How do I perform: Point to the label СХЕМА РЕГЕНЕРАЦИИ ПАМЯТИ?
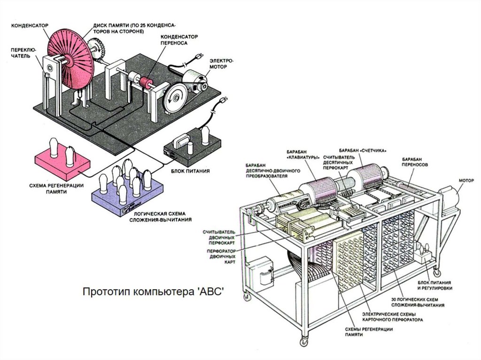(x=62, y=188)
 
